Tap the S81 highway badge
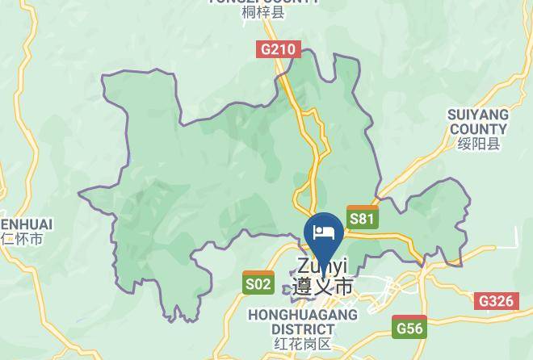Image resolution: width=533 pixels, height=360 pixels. pos(362,218)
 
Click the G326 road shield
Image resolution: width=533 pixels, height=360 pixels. pos(496,301)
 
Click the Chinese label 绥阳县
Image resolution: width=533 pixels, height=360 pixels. pos(478,144)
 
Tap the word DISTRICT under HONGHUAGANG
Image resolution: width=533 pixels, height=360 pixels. pos(302,329)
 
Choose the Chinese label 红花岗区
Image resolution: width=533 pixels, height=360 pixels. pos(302,344)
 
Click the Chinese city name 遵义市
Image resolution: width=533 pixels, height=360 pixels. pos(322,287)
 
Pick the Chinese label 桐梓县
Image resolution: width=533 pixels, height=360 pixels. pos(263,13)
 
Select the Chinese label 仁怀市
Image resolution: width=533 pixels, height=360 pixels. pos(22,239)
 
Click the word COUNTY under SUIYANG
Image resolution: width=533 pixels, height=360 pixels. pos(478,129)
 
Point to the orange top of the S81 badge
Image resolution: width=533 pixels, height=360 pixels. pos(362,208)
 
